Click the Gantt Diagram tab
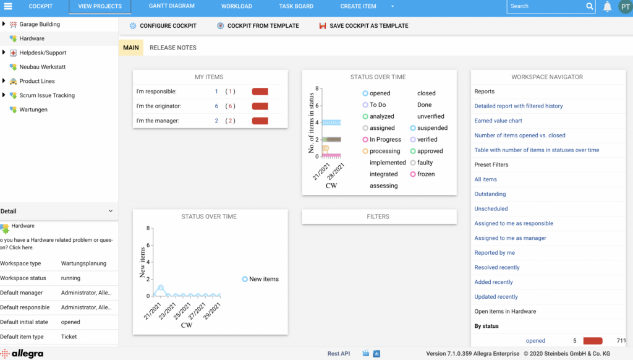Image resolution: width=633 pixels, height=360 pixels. click(172, 6)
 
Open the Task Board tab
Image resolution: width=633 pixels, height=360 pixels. click(296, 6)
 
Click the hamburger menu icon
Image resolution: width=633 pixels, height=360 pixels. click(8, 6)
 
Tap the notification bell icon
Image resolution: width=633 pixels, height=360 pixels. click(608, 7)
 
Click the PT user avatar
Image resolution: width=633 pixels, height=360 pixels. click(624, 7)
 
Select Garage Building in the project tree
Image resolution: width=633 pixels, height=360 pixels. click(40, 24)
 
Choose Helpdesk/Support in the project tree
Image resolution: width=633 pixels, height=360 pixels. click(43, 53)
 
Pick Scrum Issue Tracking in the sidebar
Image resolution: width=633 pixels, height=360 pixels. click(47, 95)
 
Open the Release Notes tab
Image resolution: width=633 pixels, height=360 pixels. click(173, 48)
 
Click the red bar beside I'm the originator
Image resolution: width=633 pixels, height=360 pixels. click(260, 106)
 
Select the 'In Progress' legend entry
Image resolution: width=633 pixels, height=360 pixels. click(385, 140)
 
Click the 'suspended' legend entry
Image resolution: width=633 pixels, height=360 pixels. click(432, 128)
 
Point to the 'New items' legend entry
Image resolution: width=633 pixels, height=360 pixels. click(263, 279)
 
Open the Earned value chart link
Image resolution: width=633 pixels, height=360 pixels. click(498, 121)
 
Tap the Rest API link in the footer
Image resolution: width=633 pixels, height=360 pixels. click(339, 354)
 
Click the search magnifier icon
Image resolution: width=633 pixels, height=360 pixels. click(590, 6)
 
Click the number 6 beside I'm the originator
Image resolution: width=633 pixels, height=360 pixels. click(216, 106)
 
